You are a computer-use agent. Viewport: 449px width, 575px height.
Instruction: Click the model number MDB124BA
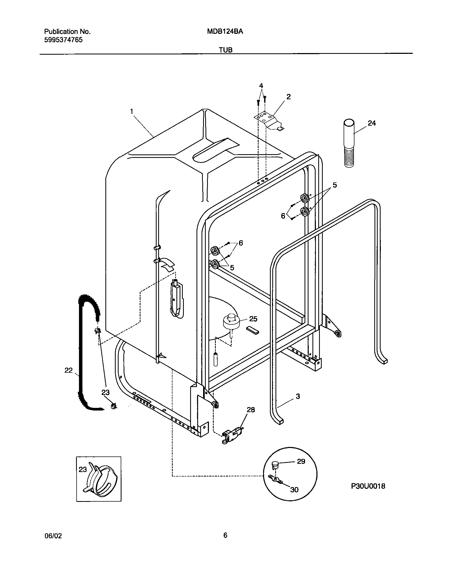(x=225, y=32)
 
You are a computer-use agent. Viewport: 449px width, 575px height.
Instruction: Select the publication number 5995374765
(x=63, y=40)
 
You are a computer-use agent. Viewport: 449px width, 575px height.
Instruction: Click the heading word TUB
(x=226, y=50)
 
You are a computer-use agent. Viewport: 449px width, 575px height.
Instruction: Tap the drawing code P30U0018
(x=368, y=486)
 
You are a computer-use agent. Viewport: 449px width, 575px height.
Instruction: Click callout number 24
(x=372, y=123)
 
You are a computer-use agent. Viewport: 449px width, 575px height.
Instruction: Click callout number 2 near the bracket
(x=288, y=97)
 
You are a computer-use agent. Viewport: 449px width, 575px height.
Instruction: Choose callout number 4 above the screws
(x=261, y=86)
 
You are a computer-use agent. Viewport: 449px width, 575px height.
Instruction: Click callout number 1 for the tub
(x=131, y=111)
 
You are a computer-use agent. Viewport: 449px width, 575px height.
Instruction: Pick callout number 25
(x=253, y=319)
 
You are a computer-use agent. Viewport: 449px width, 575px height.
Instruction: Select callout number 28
(x=251, y=410)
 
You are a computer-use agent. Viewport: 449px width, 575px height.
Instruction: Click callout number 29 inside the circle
(x=301, y=461)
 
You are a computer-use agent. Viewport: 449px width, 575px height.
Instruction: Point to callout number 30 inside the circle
(x=294, y=490)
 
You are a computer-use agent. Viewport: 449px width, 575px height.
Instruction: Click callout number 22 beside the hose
(x=68, y=370)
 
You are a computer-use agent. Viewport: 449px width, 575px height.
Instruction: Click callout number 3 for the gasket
(x=298, y=396)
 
